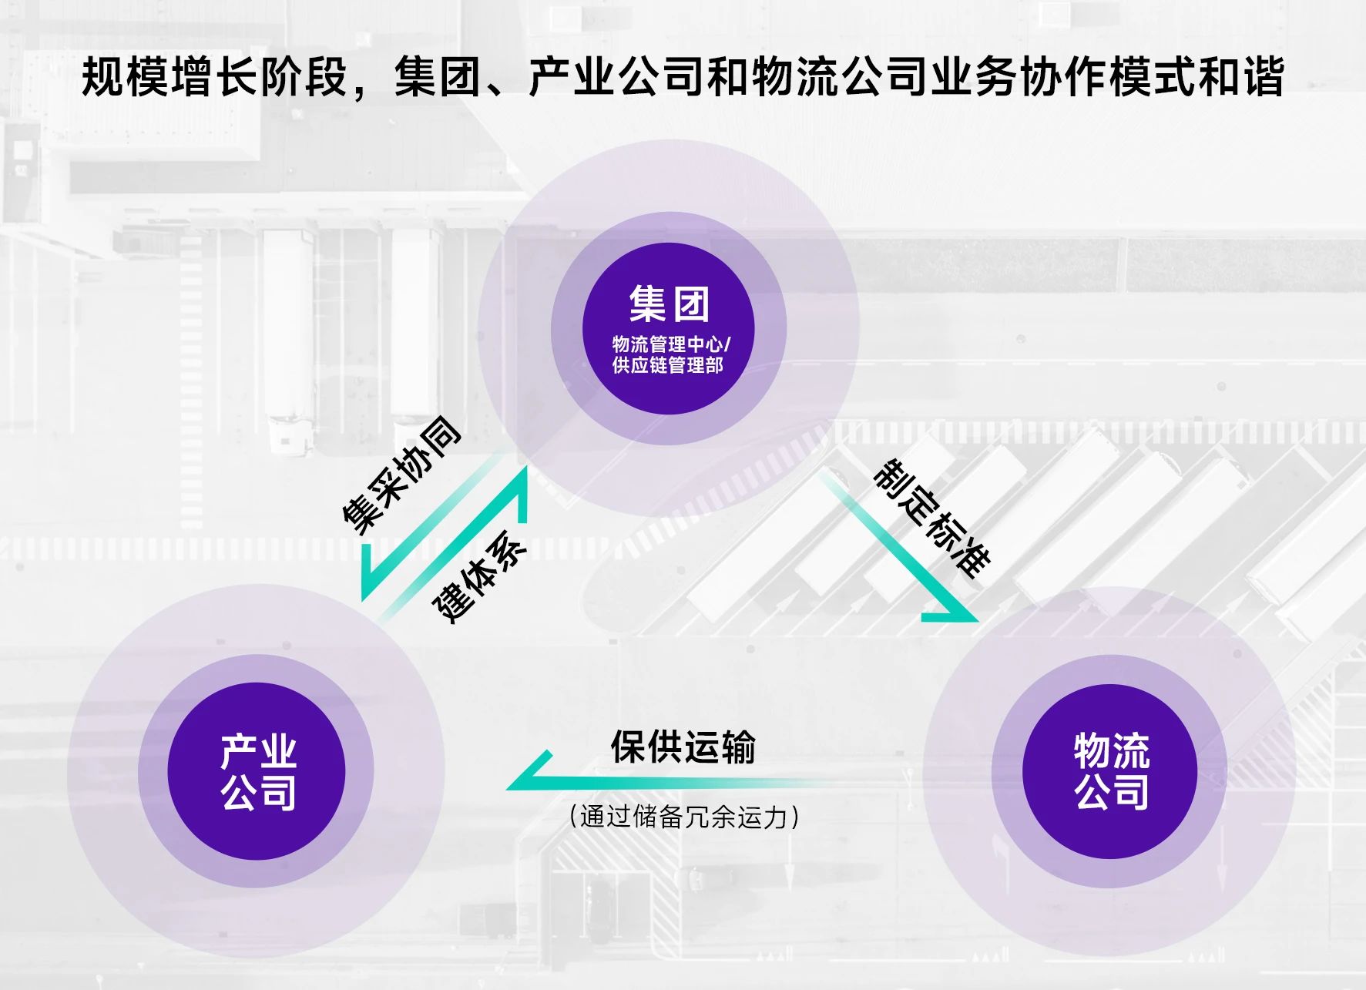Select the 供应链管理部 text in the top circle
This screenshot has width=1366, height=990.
[667, 364]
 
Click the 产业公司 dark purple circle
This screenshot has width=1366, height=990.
[257, 771]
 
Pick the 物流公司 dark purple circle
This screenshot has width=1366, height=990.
[1109, 771]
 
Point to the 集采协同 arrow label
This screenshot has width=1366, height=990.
[401, 474]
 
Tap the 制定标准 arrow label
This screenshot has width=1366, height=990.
[931, 517]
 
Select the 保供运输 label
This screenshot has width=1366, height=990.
[683, 746]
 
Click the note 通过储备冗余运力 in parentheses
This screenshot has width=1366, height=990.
[684, 816]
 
